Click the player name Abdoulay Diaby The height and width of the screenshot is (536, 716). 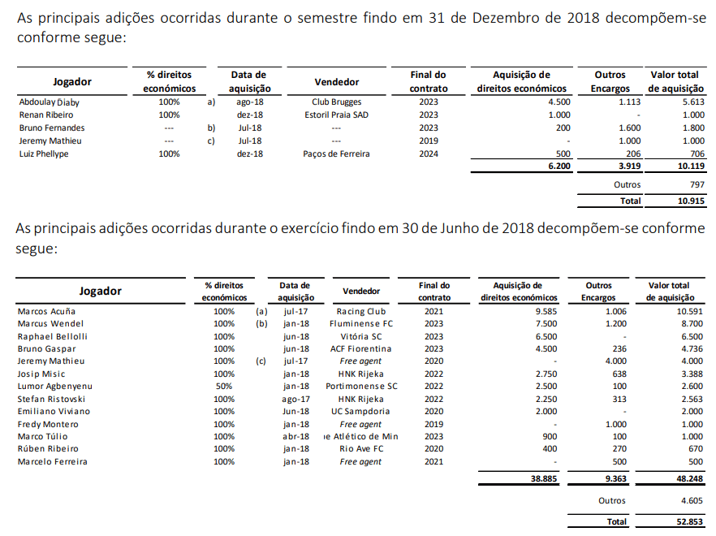point(49,102)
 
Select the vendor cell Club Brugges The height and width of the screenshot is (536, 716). point(336,102)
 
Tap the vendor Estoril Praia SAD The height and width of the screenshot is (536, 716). point(336,115)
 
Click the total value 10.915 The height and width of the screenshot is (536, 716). point(691,200)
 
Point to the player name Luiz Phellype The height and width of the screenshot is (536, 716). point(44,154)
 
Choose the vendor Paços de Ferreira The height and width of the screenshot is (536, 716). point(336,154)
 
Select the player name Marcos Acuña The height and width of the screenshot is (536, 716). point(48,311)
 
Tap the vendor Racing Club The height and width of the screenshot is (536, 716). point(360,311)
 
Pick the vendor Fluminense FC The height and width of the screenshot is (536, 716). point(360,323)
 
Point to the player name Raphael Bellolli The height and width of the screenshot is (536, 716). point(52,336)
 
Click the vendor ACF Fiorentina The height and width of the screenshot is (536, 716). point(360,348)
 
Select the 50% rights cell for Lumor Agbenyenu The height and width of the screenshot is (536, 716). point(224,387)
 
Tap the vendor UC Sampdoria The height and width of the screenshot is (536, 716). point(360,412)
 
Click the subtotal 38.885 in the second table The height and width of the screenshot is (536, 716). point(544,479)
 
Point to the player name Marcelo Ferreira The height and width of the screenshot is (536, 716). point(52,462)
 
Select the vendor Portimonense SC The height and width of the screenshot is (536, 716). point(361,387)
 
